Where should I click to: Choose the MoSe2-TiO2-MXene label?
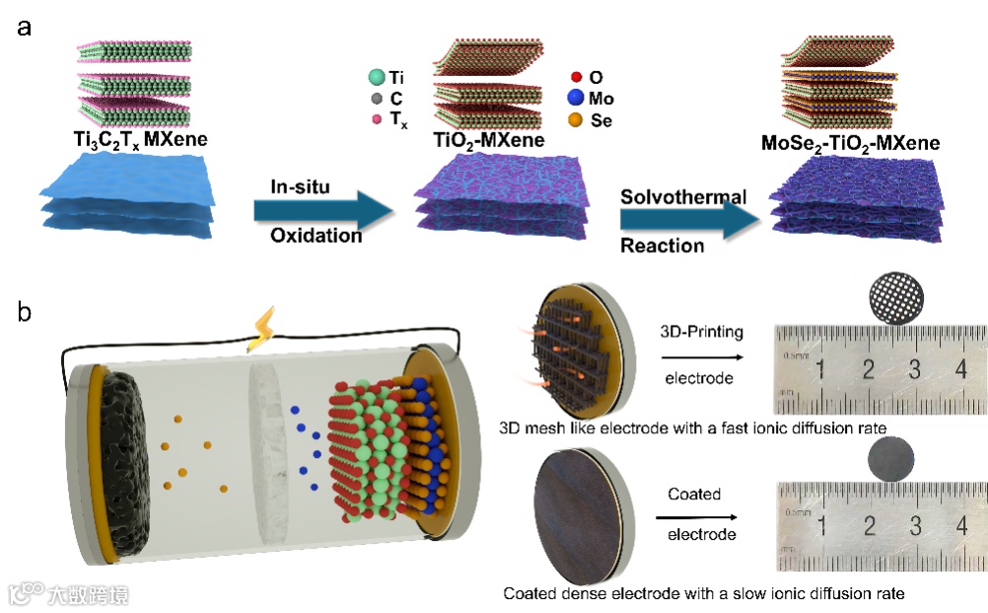850,143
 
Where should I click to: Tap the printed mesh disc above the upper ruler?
898,296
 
